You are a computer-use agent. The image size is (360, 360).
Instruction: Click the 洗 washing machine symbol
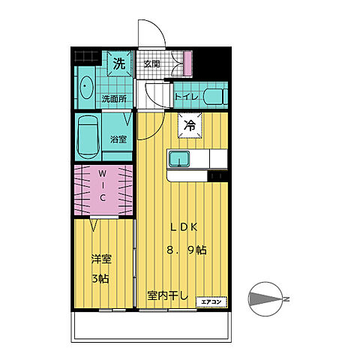click(119, 64)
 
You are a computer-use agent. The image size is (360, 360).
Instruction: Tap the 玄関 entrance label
click(151, 64)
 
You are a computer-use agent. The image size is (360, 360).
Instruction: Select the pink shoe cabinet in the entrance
click(187, 63)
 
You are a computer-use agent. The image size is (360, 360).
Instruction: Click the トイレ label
click(187, 97)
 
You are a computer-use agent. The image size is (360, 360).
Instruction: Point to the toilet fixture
click(215, 97)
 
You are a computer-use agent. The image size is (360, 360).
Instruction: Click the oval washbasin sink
click(86, 88)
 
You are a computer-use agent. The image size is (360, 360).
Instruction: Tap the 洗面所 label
click(114, 99)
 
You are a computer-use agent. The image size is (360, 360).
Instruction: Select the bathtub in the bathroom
click(88, 137)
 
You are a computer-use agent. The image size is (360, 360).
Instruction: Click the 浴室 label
click(118, 139)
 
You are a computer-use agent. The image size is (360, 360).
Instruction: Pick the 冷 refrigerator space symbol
click(190, 125)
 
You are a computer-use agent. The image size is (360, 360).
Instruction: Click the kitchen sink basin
click(179, 159)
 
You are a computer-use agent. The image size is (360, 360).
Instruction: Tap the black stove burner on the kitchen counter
click(217, 176)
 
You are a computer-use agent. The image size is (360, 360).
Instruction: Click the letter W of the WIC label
click(102, 173)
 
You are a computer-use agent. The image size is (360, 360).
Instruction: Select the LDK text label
click(184, 227)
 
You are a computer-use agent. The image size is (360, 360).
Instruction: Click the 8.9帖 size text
click(187, 250)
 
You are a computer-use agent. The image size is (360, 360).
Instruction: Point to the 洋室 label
click(101, 259)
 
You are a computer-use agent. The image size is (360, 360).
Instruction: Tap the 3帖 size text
click(100, 279)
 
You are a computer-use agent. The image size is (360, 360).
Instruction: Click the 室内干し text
click(167, 296)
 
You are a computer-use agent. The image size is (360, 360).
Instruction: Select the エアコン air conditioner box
click(211, 301)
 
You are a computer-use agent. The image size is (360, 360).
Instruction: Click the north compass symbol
click(266, 299)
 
